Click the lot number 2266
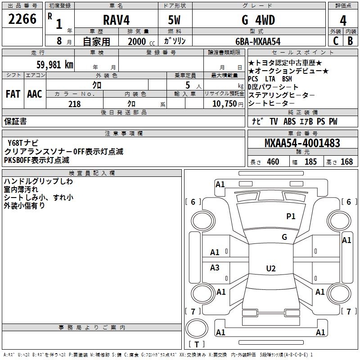pos(23,19)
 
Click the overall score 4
pos(343,20)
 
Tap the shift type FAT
pos(13,94)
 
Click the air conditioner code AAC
pos(35,94)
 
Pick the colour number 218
pos(74,104)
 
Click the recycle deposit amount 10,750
pos(224,104)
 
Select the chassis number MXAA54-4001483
pos(302,144)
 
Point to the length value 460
pos(273,162)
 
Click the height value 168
pos(346,162)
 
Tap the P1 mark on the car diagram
pos(291,216)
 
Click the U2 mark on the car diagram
pos(270,268)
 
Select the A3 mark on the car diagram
pos(215,268)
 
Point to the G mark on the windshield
pos(284,237)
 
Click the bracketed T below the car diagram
pos(197,345)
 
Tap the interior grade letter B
pos(350,41)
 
